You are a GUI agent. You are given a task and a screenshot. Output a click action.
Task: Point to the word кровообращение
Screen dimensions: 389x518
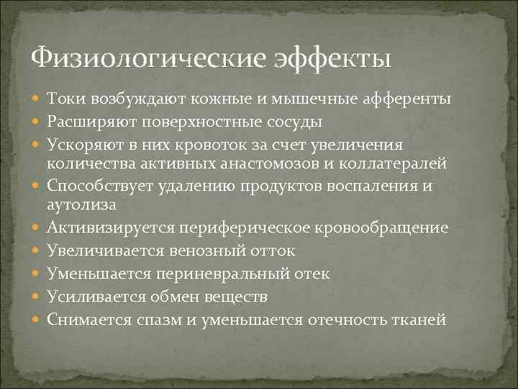coord(386,228)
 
